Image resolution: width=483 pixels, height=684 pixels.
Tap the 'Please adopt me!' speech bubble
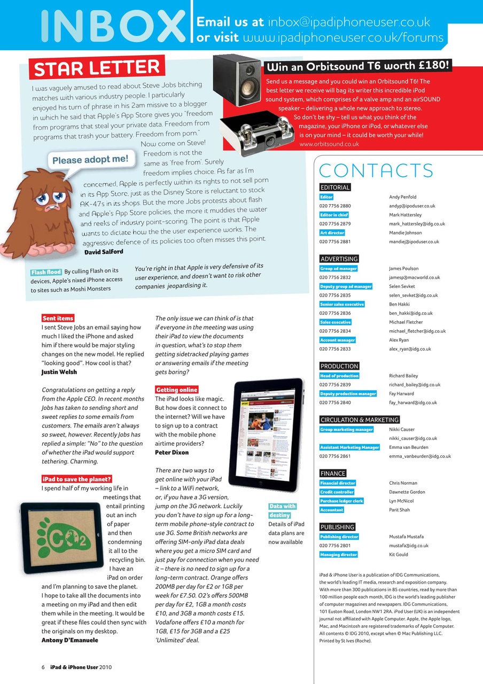(x=90, y=159)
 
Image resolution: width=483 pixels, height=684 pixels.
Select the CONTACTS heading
(x=376, y=170)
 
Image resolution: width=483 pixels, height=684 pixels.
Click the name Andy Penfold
(x=402, y=197)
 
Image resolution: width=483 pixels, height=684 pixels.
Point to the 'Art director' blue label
(x=332, y=233)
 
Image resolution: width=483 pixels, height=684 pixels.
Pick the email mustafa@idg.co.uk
(x=409, y=546)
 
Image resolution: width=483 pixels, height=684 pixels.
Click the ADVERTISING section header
(x=339, y=259)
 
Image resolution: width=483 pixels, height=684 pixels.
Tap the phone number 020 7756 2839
(x=335, y=385)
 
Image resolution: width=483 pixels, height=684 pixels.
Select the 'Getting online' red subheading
(x=176, y=390)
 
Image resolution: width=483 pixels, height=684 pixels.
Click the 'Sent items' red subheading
(x=58, y=318)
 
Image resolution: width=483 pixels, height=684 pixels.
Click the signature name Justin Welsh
(x=59, y=372)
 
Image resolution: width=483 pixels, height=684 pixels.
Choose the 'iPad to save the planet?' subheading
(x=76, y=479)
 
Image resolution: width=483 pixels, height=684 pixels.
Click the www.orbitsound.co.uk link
(x=329, y=144)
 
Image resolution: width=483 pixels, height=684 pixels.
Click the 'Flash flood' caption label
(x=46, y=272)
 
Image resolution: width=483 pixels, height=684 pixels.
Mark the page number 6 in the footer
(x=43, y=667)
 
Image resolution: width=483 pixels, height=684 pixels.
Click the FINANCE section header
(x=332, y=473)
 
